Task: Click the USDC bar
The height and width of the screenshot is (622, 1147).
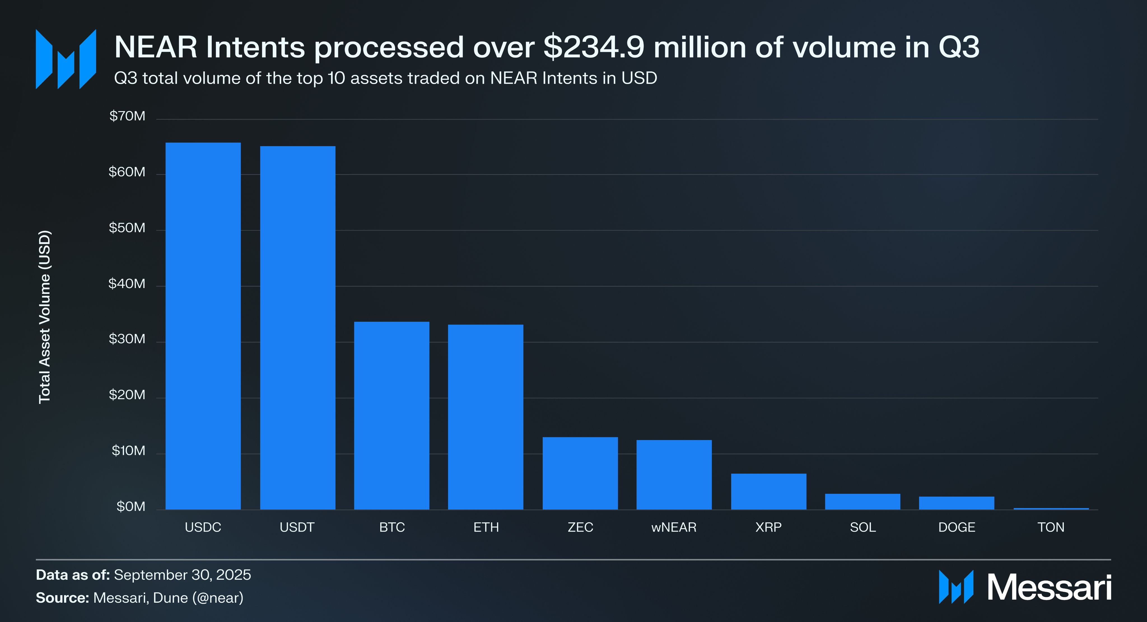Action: [x=203, y=326]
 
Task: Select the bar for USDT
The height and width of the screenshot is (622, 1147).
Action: [x=297, y=328]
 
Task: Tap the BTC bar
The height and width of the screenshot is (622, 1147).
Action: [x=391, y=415]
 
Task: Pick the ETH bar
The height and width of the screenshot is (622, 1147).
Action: [x=485, y=417]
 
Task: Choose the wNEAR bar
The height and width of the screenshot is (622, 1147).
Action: [x=674, y=475]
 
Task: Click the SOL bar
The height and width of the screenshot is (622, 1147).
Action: [x=862, y=501]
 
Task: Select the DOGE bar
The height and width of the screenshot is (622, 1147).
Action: [x=956, y=503]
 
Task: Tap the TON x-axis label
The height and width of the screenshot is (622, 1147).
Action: [x=1051, y=527]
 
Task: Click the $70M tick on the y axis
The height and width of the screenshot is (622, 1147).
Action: [x=127, y=116]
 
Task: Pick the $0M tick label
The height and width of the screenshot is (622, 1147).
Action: [x=130, y=507]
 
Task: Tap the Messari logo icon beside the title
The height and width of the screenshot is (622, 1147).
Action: [x=66, y=59]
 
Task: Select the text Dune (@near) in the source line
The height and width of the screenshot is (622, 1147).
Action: [x=198, y=598]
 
